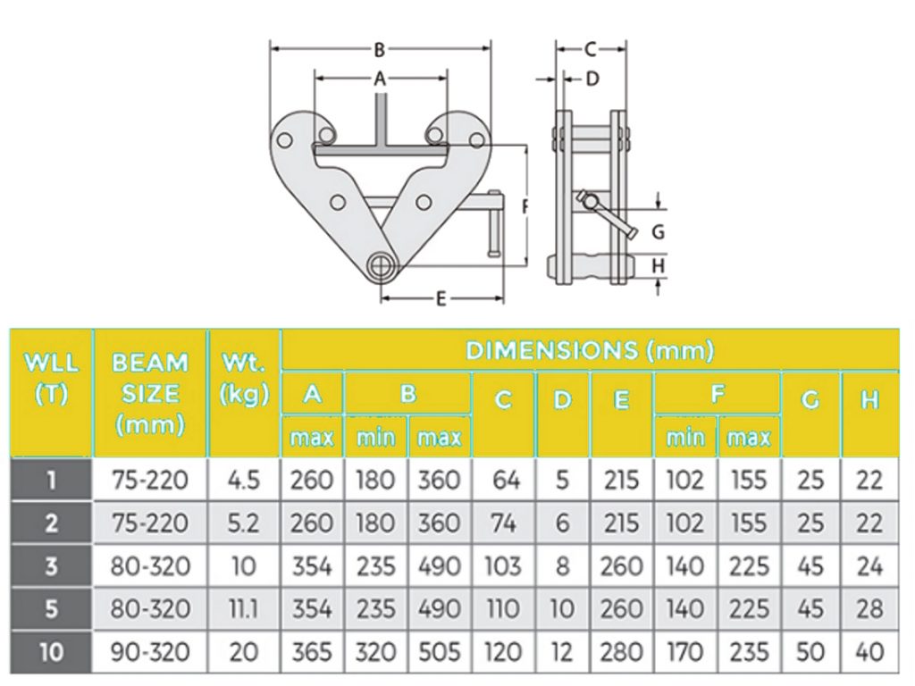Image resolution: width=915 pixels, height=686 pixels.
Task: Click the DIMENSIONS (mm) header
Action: pos(590,350)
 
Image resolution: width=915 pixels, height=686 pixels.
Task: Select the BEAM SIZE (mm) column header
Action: pos(151,393)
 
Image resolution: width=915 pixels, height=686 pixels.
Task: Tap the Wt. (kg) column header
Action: pos(243,379)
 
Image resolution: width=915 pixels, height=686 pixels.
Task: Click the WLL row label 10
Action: pos(51,651)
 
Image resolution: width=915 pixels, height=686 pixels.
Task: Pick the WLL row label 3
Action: pos(51,565)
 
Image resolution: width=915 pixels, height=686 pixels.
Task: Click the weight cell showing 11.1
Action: pos(243,608)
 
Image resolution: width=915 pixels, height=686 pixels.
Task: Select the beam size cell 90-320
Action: pos(151,651)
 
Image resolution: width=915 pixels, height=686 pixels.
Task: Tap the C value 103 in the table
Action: pos(503,565)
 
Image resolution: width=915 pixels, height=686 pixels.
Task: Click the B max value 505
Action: pos(439,651)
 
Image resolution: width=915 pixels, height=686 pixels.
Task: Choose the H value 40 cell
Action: pos(869,651)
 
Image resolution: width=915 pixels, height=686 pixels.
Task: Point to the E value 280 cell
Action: pos(621,651)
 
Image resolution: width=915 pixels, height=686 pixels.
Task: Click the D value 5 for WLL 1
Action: pos(562,481)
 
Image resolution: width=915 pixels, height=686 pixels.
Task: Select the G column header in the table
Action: pos(810,401)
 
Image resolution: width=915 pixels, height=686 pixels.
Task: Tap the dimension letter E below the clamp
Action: pos(441,300)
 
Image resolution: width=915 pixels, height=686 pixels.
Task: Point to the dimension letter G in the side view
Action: pos(658,233)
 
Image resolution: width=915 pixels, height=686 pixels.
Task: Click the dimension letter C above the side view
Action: pos(590,50)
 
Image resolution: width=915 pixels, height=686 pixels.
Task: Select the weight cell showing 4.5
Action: pos(243,481)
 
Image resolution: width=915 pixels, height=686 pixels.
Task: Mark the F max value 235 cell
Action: pos(748,651)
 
